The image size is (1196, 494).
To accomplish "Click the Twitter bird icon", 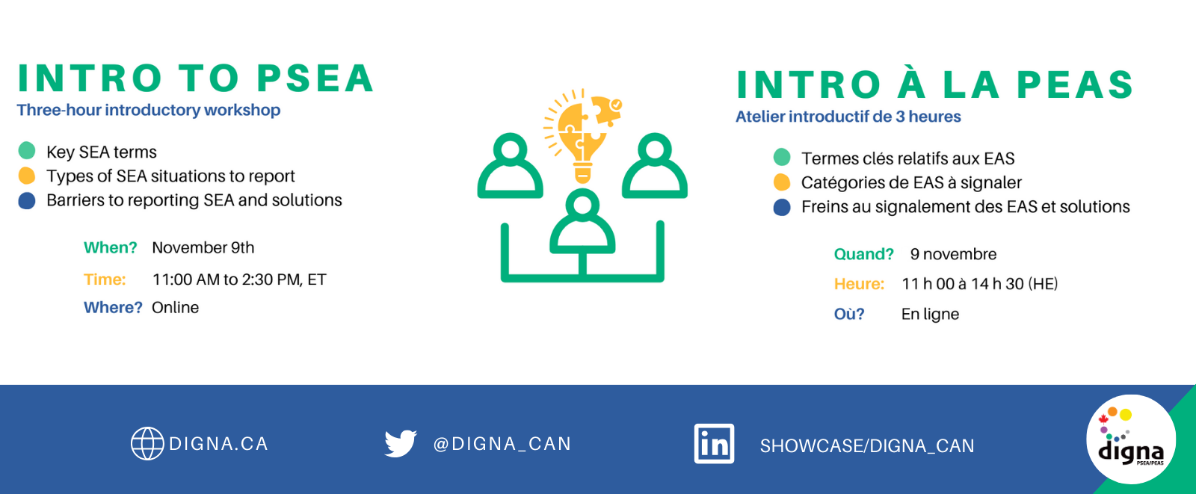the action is coord(401,443).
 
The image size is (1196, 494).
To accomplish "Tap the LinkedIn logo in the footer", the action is coord(714,444).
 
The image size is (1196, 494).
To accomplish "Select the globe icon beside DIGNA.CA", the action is coord(147,443).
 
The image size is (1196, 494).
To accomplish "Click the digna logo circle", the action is coord(1131,439).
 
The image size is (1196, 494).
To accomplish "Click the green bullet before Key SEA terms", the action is coord(27,151).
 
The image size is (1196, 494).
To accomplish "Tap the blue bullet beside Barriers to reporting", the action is coord(27,201).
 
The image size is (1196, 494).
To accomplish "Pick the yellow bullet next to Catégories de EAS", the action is coord(782,182).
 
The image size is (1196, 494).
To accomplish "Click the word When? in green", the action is coord(111,248).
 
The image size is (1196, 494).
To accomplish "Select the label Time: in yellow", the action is coord(105,280).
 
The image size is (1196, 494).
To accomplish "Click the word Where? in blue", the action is coord(113,308).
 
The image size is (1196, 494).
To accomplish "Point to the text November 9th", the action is coord(203,248).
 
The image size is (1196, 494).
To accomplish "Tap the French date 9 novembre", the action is coord(953,254).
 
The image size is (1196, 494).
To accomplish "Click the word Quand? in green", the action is coord(864,254).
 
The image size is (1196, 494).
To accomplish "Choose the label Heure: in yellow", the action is coord(859,284).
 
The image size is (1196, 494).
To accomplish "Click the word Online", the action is coord(175,308).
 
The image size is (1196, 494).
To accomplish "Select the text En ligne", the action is coord(930,314).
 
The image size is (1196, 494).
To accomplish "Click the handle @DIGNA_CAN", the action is coord(502,444).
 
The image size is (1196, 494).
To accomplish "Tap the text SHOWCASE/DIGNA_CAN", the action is coord(867,446).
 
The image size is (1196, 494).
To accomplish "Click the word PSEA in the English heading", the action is coord(315,78).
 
